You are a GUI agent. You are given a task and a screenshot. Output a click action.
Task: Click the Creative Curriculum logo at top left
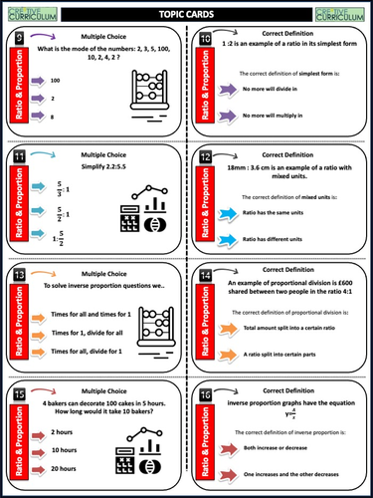click(30, 12)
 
